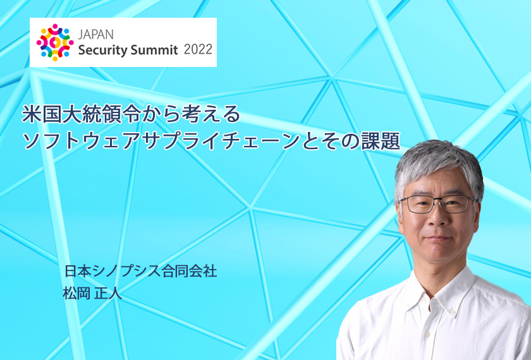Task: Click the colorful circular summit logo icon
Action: (x=55, y=42)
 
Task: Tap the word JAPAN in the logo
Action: (x=95, y=35)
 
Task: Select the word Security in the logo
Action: (x=102, y=50)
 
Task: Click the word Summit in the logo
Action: (x=154, y=50)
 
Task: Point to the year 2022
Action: (x=198, y=49)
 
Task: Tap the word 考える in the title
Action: (x=211, y=114)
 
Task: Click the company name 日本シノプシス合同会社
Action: (x=140, y=272)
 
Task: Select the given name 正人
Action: (x=108, y=293)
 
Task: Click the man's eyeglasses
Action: (x=437, y=204)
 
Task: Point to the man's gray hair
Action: (x=439, y=165)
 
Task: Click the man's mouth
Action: (x=437, y=239)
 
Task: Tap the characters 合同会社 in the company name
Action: (x=190, y=272)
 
